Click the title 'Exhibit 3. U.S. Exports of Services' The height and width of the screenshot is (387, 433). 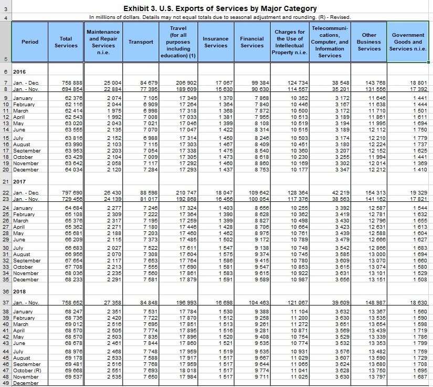(x=219, y=8)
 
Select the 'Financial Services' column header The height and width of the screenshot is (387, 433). (x=251, y=42)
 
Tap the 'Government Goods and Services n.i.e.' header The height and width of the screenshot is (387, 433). (x=408, y=42)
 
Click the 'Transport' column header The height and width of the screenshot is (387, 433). (x=141, y=42)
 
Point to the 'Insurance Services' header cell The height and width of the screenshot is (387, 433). (x=215, y=42)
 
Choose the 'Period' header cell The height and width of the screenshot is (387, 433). (x=30, y=42)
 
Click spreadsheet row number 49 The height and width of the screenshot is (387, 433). (x=6, y=383)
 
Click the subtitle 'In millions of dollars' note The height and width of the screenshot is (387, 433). (x=219, y=17)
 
